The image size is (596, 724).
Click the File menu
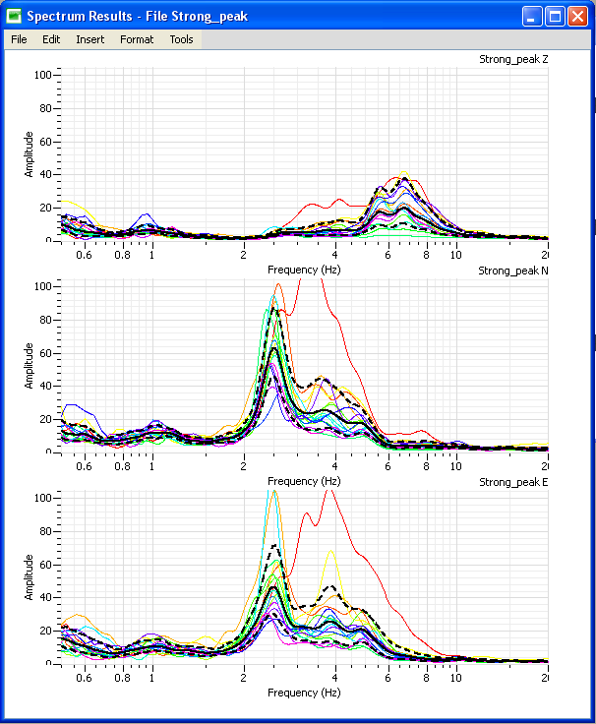pos(19,39)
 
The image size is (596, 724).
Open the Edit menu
pos(51,39)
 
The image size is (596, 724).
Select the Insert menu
pos(89,39)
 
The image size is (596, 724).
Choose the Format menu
pos(137,39)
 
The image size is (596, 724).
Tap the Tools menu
pos(181,39)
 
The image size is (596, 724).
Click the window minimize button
pos(532,16)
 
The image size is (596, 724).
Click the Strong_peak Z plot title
pos(513,60)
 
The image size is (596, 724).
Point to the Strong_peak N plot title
pos(513,271)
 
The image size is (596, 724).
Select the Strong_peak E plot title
pos(513,482)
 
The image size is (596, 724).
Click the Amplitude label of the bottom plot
pos(30,575)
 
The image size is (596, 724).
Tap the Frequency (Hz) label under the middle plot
pos(301,480)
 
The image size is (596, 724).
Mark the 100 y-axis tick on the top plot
pos(42,75)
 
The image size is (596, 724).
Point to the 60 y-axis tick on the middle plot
pos(45,352)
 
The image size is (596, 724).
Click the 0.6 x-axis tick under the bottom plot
pos(85,678)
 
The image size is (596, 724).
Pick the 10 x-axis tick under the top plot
pos(455,255)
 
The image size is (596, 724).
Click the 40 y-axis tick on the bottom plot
pos(45,596)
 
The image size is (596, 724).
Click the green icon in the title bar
pos(14,16)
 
